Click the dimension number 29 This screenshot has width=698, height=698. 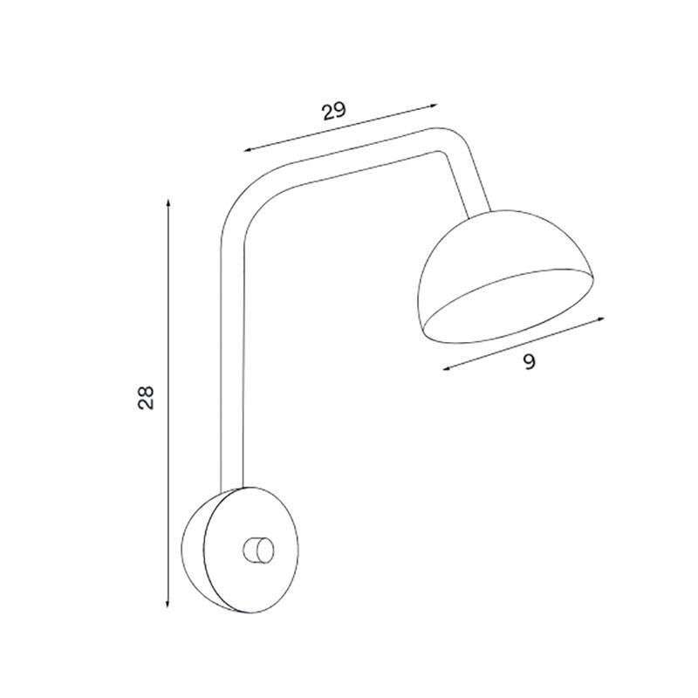pos(333,111)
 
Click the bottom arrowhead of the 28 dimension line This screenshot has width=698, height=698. pos(167,607)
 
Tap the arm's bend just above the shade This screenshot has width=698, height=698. pos(449,144)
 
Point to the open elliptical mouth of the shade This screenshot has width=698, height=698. pos(509,307)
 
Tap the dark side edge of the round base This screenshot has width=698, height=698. pos(194,550)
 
